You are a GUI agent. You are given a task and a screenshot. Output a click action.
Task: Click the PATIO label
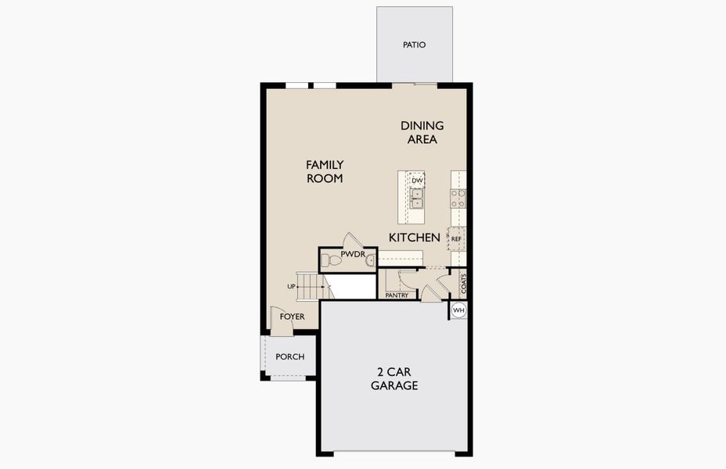pyautogui.click(x=414, y=45)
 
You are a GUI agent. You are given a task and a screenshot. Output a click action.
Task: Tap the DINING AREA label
pyautogui.click(x=422, y=132)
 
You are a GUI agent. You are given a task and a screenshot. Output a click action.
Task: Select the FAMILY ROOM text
pyautogui.click(x=325, y=172)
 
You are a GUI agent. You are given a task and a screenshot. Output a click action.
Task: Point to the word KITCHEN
pyautogui.click(x=415, y=238)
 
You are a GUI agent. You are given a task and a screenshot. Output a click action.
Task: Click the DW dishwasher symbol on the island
pyautogui.click(x=417, y=180)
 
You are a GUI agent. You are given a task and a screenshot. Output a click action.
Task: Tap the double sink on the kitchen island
pyautogui.click(x=417, y=199)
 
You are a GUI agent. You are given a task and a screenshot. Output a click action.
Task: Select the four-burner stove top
pyautogui.click(x=458, y=199)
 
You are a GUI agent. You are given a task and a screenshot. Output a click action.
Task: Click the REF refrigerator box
pyautogui.click(x=456, y=238)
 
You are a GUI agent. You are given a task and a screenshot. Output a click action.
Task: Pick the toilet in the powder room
pyautogui.click(x=331, y=261)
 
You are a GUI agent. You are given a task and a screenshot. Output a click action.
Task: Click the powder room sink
pyautogui.click(x=370, y=261)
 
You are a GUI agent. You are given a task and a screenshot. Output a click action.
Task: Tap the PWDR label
pyautogui.click(x=353, y=254)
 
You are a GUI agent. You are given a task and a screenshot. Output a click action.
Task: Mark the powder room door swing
pyautogui.click(x=353, y=240)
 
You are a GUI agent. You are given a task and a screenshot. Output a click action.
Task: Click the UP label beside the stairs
pyautogui.click(x=291, y=287)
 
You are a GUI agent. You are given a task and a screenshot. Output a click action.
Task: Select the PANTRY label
pyautogui.click(x=397, y=295)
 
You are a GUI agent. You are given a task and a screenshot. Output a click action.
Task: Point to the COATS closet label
pyautogui.click(x=463, y=284)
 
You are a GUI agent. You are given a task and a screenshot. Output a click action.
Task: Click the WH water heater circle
pyautogui.click(x=458, y=310)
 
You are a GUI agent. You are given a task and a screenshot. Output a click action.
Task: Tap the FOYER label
pyautogui.click(x=292, y=317)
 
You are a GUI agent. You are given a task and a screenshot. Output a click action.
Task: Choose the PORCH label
pyautogui.click(x=289, y=357)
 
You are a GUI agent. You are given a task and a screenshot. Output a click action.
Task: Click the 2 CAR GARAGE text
pyautogui.click(x=394, y=379)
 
